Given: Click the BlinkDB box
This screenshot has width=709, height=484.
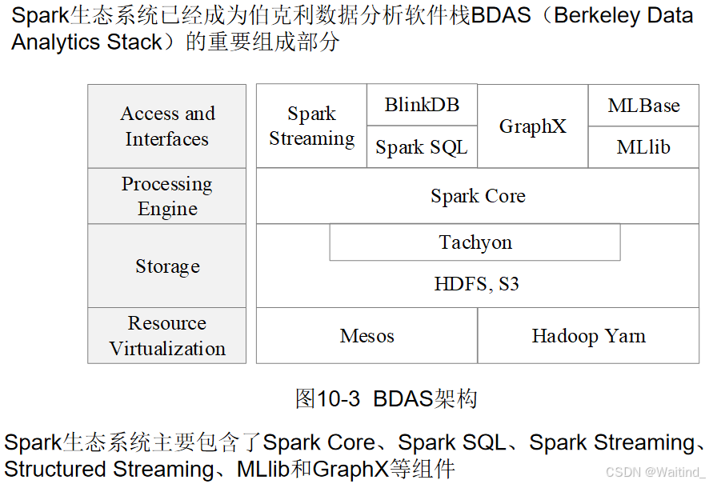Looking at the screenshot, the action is coord(422,105).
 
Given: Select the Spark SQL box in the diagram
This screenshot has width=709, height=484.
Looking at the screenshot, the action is coord(422,147).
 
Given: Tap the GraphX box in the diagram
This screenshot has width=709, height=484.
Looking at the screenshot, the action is coord(532,126).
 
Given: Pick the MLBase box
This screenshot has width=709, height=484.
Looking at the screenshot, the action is coord(643,106).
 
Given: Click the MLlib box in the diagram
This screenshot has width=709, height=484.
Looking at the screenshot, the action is coord(643,147).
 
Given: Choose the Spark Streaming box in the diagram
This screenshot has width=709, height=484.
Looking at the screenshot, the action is coord(311,126).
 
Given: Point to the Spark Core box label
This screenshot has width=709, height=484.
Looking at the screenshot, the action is coord(478,196).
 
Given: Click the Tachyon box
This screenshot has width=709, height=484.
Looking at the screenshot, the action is coord(475,242).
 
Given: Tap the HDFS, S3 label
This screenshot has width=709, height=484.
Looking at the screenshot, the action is coord(476,284).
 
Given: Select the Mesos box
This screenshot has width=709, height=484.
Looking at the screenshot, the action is coord(367,336).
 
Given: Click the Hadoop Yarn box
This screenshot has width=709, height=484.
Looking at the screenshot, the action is coord(588,336).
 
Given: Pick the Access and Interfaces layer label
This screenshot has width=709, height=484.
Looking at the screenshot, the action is coord(167,126).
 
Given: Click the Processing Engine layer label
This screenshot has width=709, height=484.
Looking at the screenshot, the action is coord(167,196).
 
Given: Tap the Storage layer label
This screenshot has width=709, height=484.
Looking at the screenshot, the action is coord(167,266).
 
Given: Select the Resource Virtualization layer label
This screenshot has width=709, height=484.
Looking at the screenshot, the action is coord(167,336).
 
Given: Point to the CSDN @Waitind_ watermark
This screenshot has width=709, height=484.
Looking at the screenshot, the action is coord(655,472).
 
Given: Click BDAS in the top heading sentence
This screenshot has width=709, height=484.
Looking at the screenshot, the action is coord(501,16).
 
